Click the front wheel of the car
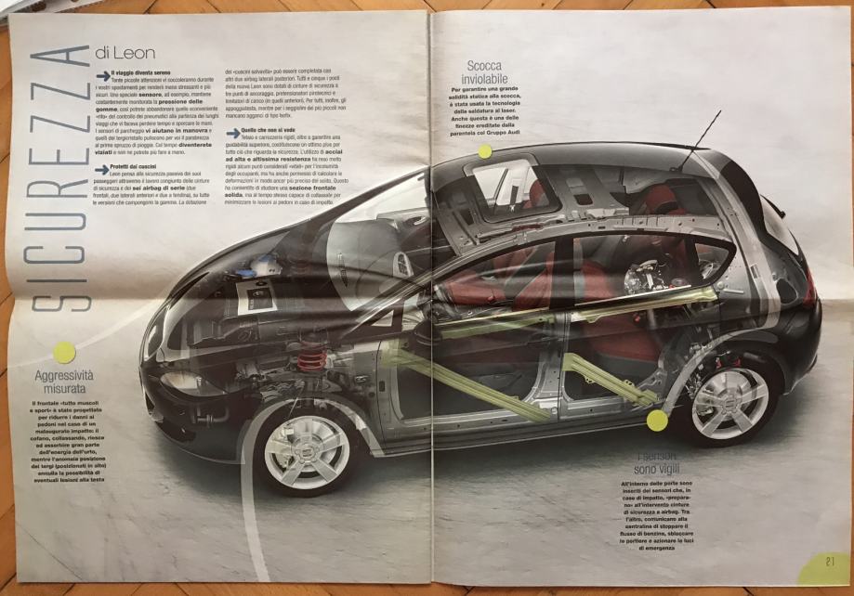pos(308,451)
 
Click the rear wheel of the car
pos(729,402)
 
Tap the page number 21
pos(829,561)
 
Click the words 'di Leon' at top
pos(125,53)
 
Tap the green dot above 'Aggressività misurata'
pos(63,352)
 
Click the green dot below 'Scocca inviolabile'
pos(484,150)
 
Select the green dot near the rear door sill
pos(657,421)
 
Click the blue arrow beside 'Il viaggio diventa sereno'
pos(101,72)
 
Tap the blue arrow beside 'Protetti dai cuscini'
pos(101,168)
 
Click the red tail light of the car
pos(810,288)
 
